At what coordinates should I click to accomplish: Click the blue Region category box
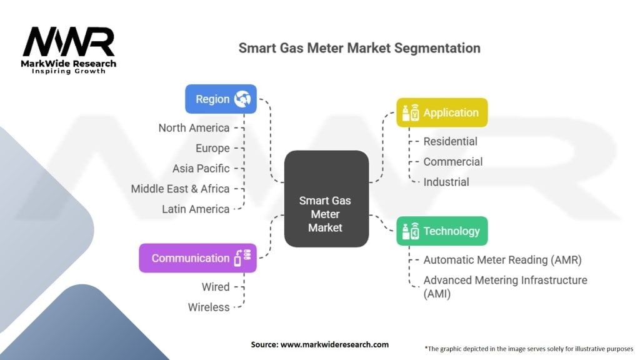click(221, 99)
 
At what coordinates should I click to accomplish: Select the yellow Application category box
click(442, 112)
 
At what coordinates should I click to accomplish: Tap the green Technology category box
click(442, 231)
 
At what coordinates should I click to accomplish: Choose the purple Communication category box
click(197, 258)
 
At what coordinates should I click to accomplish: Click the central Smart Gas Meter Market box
click(326, 214)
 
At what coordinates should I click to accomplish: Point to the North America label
click(194, 127)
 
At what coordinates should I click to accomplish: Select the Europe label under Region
click(213, 148)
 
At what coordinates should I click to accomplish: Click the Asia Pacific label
click(201, 168)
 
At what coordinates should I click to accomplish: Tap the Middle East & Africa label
click(180, 188)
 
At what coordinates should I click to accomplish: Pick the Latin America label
click(196, 209)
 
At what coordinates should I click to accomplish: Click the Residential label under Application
click(450, 141)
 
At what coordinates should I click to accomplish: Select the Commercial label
click(453, 161)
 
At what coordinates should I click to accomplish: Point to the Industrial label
click(446, 182)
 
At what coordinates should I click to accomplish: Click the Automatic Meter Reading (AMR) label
click(502, 259)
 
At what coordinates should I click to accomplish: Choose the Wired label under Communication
click(215, 287)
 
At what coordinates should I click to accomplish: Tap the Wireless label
click(209, 307)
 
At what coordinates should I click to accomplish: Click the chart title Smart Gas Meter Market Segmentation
click(359, 48)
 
